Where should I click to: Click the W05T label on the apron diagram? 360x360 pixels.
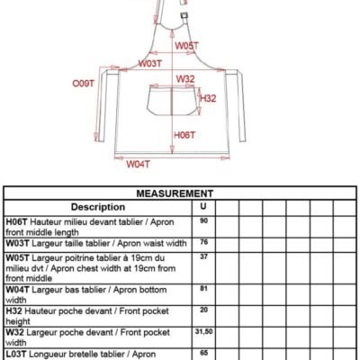click(186, 46)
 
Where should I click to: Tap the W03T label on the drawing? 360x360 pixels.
click(150, 64)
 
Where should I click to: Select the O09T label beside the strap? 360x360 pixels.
click(84, 83)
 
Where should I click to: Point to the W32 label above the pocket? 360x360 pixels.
click(185, 79)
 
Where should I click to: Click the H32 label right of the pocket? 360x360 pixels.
click(208, 98)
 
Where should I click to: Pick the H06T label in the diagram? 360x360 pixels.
click(184, 135)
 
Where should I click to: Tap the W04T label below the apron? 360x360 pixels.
click(138, 164)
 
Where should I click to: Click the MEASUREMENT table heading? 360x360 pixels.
click(175, 193)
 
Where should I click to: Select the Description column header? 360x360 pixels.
click(98, 207)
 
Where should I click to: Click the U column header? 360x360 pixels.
click(203, 206)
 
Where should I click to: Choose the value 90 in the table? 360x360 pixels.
click(203, 220)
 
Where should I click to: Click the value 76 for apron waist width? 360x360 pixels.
click(203, 242)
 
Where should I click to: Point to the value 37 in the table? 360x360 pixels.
click(203, 256)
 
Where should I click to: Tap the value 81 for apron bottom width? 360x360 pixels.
click(203, 288)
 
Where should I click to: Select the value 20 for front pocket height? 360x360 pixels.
click(203, 310)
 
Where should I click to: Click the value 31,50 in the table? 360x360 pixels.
click(203, 331)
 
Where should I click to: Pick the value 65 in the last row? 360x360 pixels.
click(203, 353)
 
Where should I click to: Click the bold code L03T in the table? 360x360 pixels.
click(16, 354)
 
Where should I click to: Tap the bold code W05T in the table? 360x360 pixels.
click(17, 258)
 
